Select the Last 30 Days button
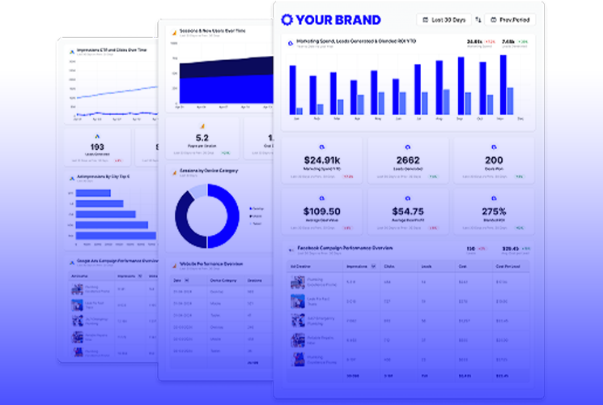[444, 19]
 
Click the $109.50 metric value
[321, 211]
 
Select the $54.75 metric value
[407, 211]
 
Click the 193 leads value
[97, 147]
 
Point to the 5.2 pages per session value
[202, 138]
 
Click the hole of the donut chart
[207, 216]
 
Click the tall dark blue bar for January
[292, 90]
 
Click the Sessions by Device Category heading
[208, 172]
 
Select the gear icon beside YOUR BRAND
[287, 19]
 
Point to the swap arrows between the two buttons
[478, 19]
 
